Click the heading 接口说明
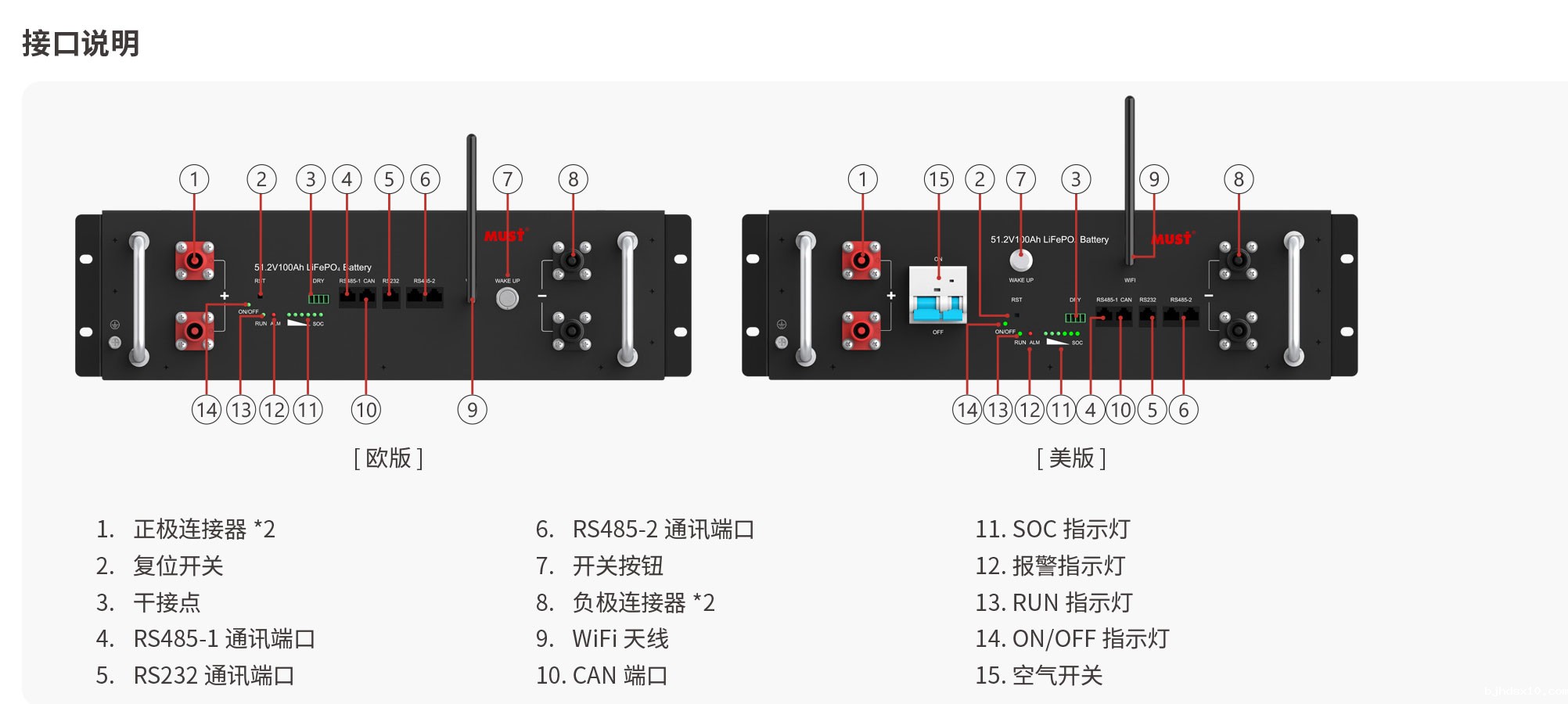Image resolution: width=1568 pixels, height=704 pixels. click(81, 43)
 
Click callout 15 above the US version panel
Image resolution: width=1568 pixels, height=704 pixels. click(938, 180)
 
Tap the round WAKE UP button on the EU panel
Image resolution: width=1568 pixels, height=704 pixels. click(507, 298)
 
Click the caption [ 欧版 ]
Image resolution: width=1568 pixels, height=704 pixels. click(388, 458)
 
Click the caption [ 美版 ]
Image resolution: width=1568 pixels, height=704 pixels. click(1071, 458)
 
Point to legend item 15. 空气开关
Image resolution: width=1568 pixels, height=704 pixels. click(1038, 675)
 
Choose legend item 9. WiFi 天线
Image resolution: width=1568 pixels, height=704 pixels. click(602, 639)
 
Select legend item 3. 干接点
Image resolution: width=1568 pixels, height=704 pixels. click(148, 602)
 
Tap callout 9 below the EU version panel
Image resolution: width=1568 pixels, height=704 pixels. click(472, 410)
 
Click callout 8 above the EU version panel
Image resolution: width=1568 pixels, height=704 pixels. click(573, 180)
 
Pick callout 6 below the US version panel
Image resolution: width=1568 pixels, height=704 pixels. click(1183, 410)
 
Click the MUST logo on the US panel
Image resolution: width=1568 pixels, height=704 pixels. click(1171, 239)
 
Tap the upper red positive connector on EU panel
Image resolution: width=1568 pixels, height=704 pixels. click(194, 261)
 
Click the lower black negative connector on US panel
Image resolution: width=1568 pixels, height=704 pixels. click(1238, 330)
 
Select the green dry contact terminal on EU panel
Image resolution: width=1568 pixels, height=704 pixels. click(318, 299)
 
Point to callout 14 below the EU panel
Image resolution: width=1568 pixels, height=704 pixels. click(207, 410)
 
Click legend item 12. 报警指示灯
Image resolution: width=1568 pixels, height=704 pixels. click(1049, 566)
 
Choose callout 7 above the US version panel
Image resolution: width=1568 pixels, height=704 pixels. click(1020, 180)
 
